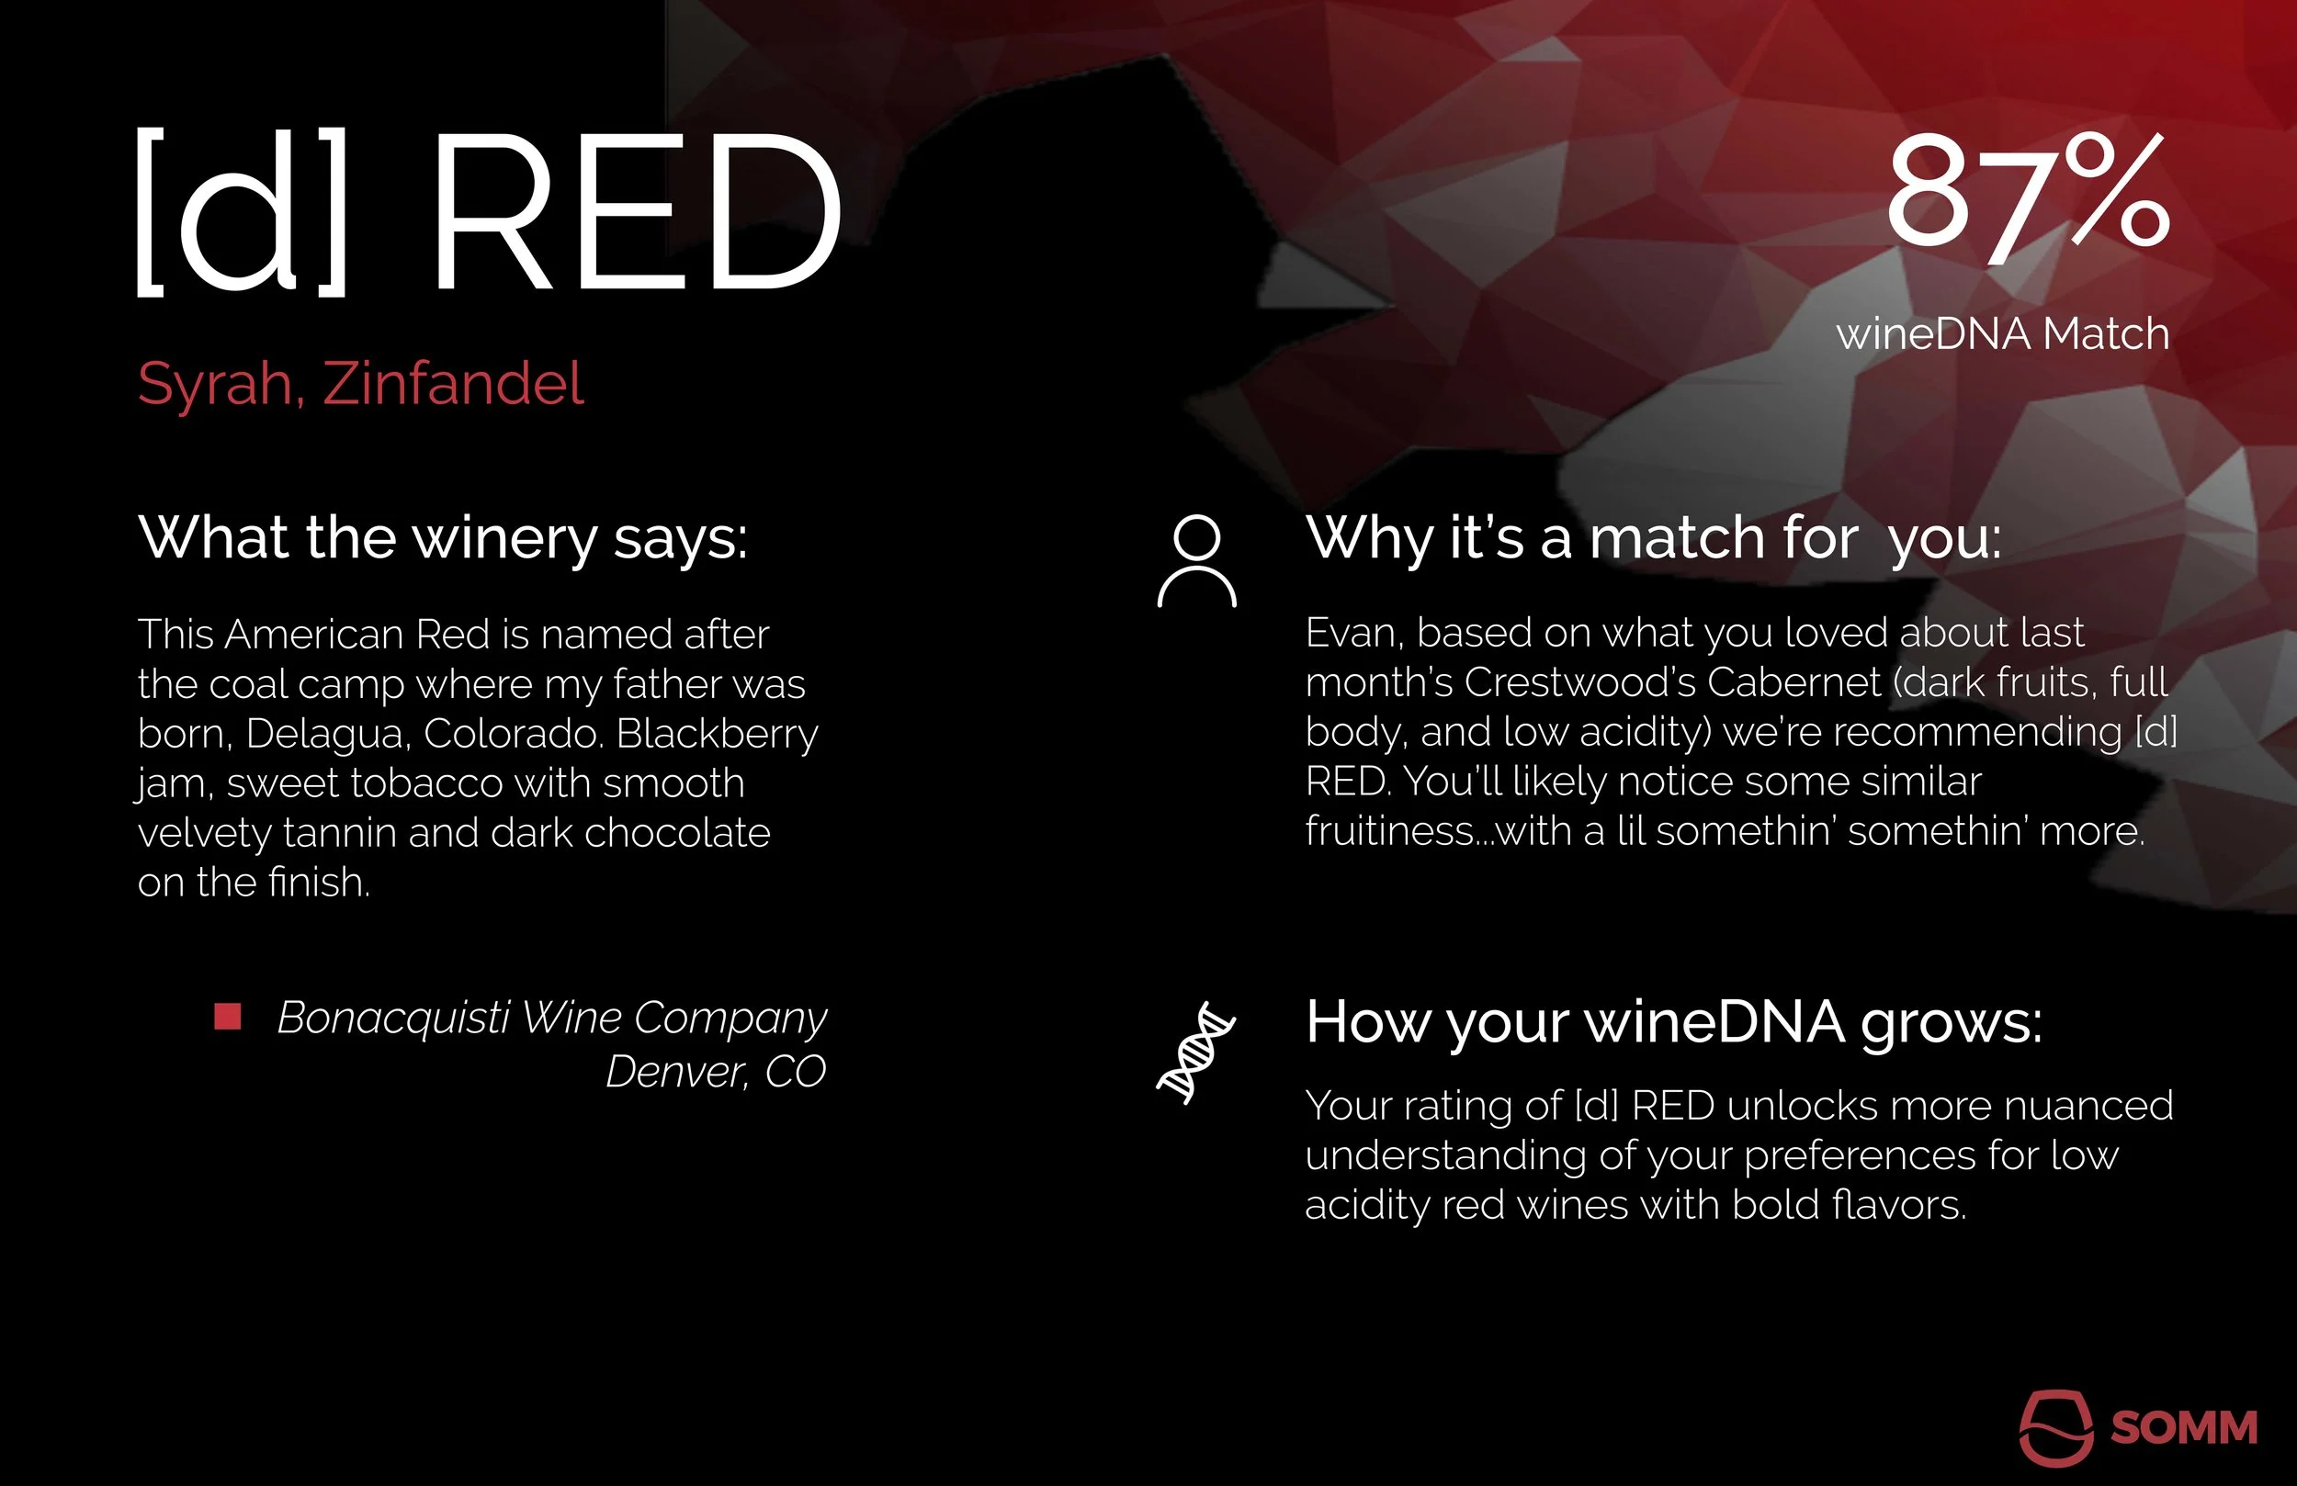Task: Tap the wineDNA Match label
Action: point(2003,334)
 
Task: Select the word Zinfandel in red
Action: point(453,384)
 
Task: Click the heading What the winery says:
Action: point(443,537)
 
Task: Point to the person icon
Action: point(1197,560)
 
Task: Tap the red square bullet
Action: point(228,1016)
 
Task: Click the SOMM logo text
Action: point(2184,1427)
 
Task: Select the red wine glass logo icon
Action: point(2055,1427)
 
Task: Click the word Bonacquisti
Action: point(393,1017)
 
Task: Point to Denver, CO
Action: point(715,1071)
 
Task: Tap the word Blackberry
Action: point(717,733)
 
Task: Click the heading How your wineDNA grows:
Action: point(1673,1022)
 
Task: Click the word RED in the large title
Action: point(637,212)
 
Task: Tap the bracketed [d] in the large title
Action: point(242,212)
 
